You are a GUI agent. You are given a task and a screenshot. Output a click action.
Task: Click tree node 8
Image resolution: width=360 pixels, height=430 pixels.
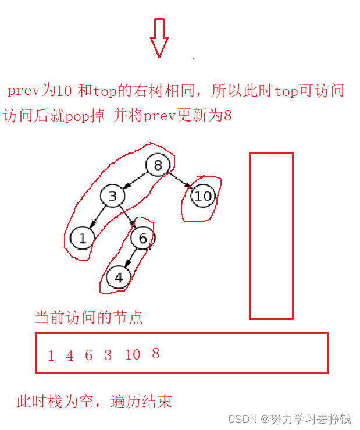tap(157, 166)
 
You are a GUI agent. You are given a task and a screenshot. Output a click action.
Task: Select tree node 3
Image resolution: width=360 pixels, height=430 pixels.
tap(112, 196)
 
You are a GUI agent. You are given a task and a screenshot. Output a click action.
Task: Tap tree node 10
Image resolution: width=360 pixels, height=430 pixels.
tap(203, 196)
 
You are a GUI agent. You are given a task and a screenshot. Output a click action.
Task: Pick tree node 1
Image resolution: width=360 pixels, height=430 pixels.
tap(83, 237)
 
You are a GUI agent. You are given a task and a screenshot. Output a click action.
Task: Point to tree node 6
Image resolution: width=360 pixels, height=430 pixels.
tap(142, 237)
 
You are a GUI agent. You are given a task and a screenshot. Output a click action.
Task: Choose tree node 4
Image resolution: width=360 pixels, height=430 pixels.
tap(119, 278)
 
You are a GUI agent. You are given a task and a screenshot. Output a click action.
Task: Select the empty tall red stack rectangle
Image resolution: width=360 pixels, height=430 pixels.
tap(271, 236)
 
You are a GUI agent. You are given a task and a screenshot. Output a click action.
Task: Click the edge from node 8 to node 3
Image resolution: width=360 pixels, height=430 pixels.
tap(135, 180)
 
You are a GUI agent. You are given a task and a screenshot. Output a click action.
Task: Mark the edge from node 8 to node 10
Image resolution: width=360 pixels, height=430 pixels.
tap(180, 180)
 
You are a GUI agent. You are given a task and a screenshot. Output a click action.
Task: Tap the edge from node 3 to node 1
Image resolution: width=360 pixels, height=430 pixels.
tap(98, 216)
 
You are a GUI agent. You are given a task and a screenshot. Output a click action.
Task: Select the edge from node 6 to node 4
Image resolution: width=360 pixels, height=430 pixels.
tap(131, 257)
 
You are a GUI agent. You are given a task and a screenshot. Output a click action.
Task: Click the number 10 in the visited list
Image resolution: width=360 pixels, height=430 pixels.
tap(133, 355)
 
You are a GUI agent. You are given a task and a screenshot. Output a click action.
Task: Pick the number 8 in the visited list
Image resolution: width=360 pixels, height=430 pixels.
tap(155, 354)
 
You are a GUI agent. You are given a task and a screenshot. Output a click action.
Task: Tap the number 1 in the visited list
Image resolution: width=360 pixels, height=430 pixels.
tap(51, 356)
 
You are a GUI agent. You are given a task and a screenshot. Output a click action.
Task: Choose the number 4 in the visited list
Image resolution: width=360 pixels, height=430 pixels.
tap(70, 356)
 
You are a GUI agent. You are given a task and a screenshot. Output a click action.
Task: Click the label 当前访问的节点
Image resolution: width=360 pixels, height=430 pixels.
tap(89, 318)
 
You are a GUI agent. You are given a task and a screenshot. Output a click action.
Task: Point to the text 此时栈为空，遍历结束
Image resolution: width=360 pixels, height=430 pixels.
tap(94, 401)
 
